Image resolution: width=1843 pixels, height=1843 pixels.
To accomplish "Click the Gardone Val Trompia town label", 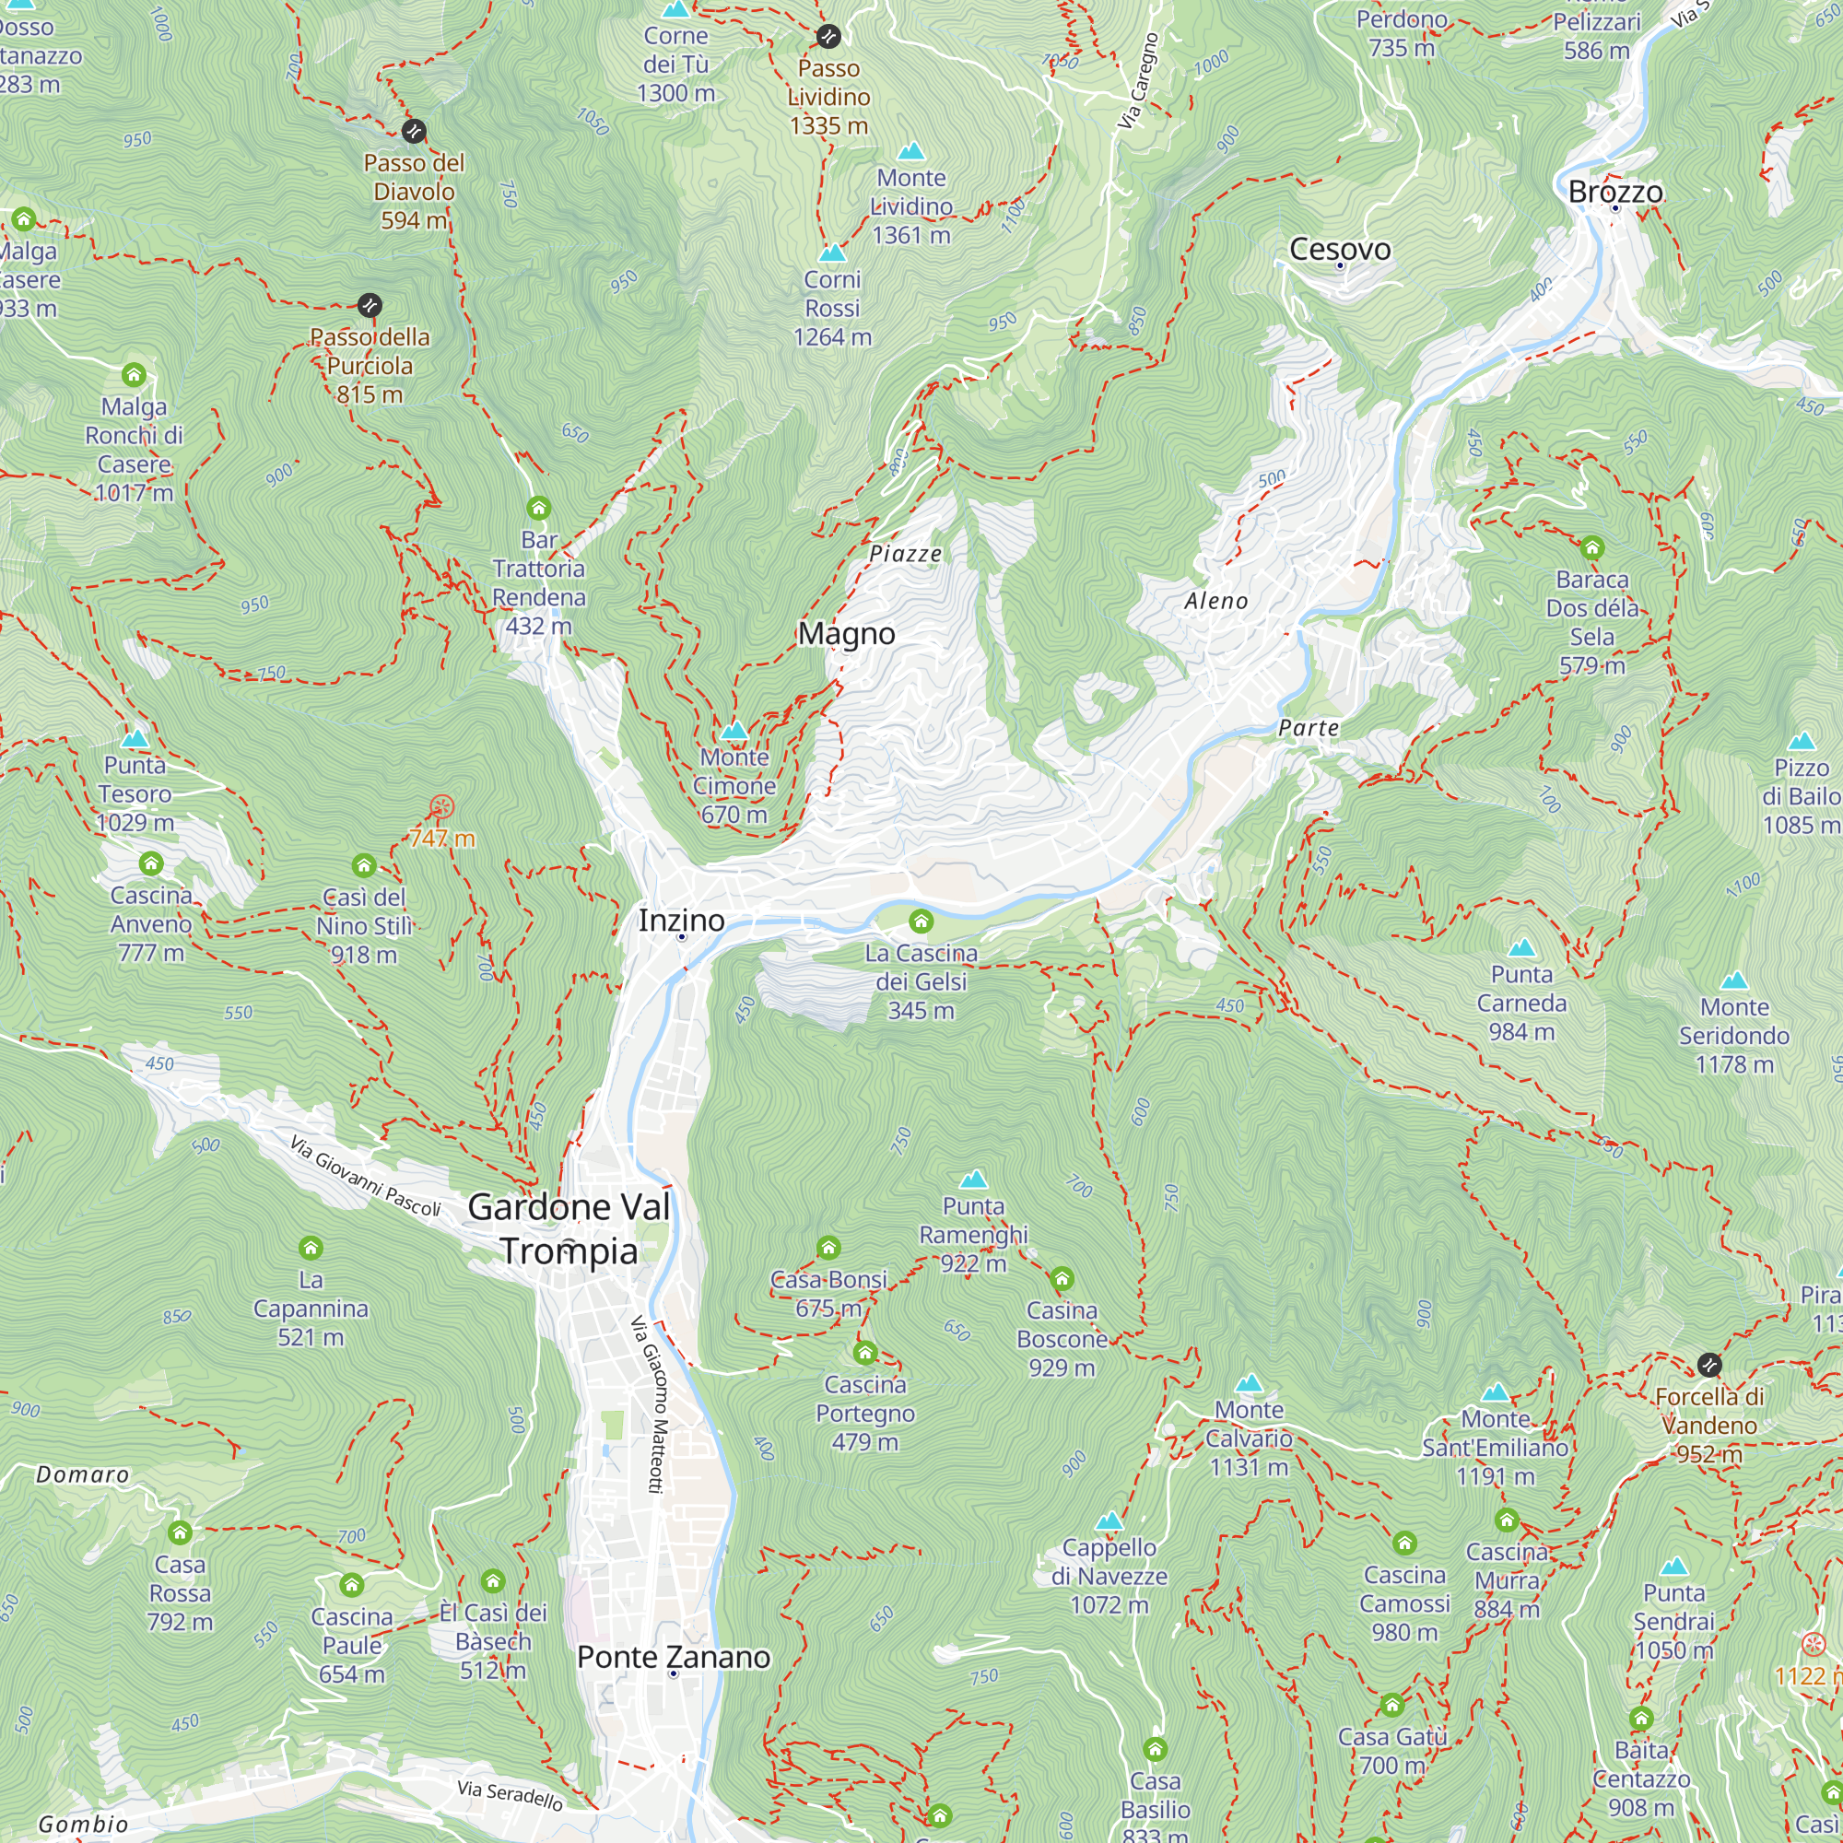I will [569, 1229].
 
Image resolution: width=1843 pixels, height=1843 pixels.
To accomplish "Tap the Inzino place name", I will [681, 921].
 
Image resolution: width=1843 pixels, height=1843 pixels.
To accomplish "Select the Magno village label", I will [846, 633].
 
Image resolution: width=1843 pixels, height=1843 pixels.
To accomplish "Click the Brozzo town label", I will [1615, 192].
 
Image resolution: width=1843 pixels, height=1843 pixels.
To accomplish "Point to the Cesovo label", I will [1339, 249].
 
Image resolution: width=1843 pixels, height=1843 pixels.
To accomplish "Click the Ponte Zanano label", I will [674, 1657].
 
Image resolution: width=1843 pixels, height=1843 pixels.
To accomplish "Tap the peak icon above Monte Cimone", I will [734, 731].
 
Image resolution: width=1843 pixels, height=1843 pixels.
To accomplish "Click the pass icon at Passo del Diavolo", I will [414, 131].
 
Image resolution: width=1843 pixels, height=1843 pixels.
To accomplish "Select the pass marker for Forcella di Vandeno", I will [1708, 1365].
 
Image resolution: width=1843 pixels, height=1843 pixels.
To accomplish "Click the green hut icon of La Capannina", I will [311, 1248].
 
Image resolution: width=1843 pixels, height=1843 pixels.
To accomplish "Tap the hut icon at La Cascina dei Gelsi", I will [921, 921].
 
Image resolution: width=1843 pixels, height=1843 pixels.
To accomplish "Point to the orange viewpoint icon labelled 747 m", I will [441, 807].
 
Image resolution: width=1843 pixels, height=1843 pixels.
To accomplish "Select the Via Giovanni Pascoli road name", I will [365, 1176].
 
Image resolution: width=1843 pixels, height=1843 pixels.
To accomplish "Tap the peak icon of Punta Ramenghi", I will [973, 1180].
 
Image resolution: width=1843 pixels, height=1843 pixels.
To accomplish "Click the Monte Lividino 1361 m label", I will [911, 206].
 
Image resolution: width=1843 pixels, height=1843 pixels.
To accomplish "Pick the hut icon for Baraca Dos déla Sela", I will [1592, 547].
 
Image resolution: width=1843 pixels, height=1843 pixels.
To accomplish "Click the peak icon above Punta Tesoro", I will [135, 738].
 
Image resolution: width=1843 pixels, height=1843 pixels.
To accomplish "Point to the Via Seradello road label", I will [510, 1795].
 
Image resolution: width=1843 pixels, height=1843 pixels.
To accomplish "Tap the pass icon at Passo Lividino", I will [828, 36].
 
